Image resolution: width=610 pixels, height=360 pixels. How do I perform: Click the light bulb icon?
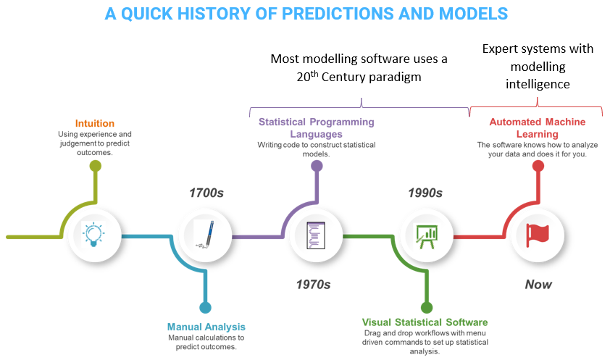point(93,235)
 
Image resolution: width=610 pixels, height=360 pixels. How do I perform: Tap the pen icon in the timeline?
point(205,235)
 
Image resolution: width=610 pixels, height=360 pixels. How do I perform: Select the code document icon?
point(315,235)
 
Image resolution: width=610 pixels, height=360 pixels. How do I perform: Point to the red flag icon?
point(538,235)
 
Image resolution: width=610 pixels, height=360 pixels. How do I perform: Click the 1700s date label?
point(206,193)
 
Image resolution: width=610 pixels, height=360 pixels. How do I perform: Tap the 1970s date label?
point(313,285)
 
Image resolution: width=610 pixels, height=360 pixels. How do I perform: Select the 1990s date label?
point(425,193)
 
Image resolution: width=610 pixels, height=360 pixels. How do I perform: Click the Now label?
point(538,285)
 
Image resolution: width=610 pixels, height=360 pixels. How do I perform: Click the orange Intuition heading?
point(95,123)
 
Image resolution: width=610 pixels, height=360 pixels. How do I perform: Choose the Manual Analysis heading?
point(206,327)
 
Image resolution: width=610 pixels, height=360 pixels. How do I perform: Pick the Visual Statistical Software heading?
point(425,322)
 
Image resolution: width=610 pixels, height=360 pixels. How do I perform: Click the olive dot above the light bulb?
point(96,166)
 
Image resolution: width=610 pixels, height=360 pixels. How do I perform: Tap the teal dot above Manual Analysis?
point(206,308)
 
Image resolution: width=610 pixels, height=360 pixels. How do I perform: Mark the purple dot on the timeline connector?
point(317,166)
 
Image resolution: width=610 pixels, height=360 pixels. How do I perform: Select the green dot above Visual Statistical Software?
point(427,308)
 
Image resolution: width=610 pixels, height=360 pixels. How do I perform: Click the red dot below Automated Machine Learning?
point(538,166)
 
